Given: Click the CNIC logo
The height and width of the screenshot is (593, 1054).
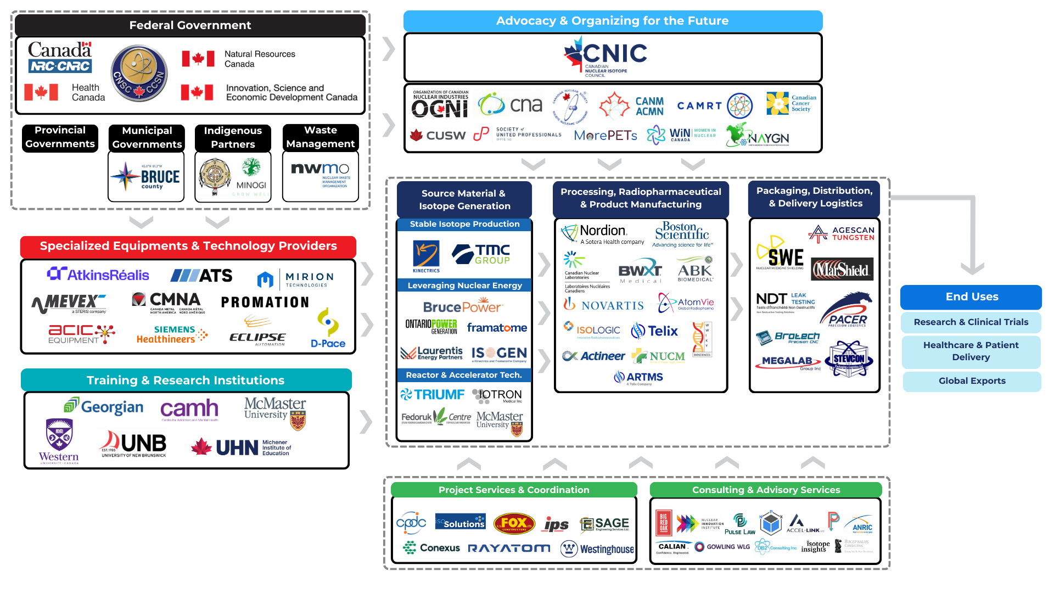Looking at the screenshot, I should click(606, 56).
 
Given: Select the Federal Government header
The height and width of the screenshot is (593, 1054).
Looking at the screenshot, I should click(190, 25).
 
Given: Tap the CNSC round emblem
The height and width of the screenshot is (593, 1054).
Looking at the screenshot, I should click(139, 74).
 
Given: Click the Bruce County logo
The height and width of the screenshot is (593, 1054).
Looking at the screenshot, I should click(145, 177).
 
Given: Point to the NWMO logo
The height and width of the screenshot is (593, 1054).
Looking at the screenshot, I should click(321, 175).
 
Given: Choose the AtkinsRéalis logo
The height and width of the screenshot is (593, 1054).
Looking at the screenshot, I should click(98, 275).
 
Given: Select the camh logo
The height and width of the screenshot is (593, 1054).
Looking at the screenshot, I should click(189, 409).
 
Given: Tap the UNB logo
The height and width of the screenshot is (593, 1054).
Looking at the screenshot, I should click(133, 444).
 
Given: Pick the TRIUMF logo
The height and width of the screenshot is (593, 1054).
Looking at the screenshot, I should click(433, 394).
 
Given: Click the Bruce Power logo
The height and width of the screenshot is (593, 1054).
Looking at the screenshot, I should click(462, 306).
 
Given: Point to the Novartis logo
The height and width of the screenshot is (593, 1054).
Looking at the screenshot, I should click(604, 305).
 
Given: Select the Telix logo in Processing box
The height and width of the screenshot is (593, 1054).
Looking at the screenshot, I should click(655, 331).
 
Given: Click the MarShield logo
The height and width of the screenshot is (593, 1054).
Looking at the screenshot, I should click(842, 270).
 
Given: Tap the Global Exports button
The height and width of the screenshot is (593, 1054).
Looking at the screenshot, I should click(972, 381).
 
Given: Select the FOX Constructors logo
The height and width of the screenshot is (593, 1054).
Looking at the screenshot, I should click(514, 523).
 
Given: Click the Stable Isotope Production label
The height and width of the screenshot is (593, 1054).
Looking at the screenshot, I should click(464, 224).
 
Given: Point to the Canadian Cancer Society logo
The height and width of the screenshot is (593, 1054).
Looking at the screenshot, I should click(791, 103).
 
